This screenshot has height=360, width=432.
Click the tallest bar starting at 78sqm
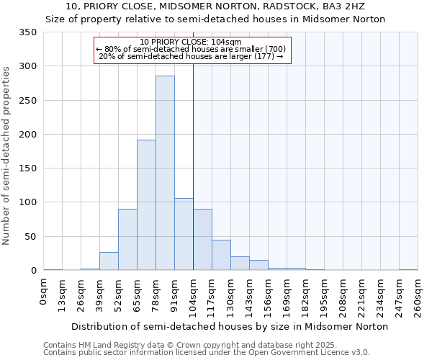[165, 173]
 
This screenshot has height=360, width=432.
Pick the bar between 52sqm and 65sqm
[127, 240]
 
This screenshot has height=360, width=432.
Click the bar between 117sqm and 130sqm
[221, 255]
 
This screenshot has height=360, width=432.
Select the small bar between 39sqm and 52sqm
[109, 261]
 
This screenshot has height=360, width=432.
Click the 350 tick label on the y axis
[27, 32]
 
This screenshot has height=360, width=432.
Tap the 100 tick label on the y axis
[27, 202]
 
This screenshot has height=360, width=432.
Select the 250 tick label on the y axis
[27, 101]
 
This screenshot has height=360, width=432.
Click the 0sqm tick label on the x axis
[44, 292]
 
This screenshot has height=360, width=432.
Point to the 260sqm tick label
[418, 295]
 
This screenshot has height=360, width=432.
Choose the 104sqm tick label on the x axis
[194, 295]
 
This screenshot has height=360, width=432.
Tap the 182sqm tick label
[305, 295]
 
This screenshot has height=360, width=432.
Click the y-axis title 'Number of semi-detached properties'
[6, 155]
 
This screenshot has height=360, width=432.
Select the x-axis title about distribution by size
[230, 326]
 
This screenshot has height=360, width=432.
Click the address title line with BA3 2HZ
[215, 6]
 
